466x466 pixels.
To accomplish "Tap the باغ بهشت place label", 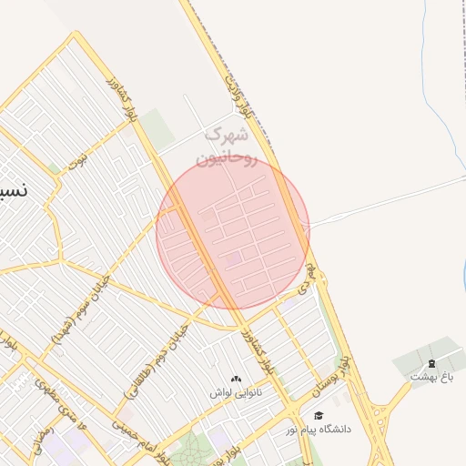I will (x=431, y=375).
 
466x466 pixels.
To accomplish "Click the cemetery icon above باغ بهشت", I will (x=432, y=363).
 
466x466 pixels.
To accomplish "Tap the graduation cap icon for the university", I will (x=319, y=416).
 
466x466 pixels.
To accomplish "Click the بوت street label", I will (x=81, y=163).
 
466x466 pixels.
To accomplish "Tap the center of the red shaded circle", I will (x=233, y=232).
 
